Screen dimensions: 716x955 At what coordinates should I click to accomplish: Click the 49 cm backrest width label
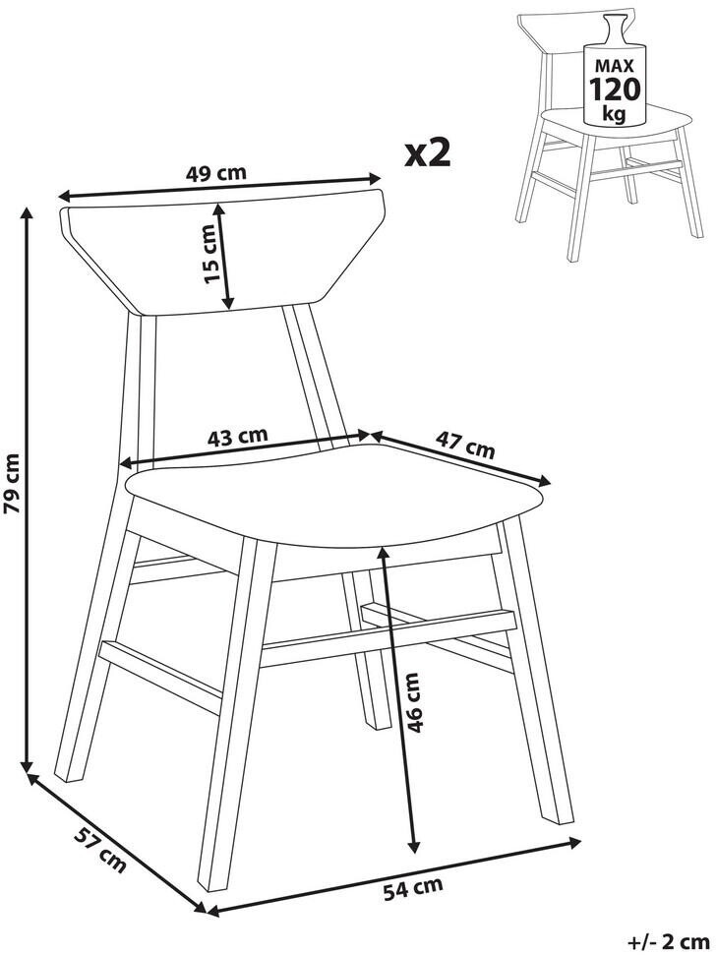216,173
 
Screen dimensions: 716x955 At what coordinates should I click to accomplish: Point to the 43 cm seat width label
237,437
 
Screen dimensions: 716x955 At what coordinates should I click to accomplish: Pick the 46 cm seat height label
412,702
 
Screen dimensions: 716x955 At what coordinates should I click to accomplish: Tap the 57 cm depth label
100,850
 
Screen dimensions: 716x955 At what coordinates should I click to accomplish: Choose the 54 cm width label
413,888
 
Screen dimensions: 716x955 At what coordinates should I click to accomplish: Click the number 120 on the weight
615,89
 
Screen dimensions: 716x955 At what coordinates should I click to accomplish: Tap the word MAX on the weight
615,65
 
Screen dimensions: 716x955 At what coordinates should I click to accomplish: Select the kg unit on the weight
614,113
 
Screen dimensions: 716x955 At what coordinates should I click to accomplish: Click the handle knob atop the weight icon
613,26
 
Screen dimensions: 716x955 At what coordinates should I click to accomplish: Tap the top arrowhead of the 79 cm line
27,213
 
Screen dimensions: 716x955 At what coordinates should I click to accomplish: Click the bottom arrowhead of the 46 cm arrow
413,846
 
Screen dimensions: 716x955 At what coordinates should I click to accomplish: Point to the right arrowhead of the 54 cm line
573,842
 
